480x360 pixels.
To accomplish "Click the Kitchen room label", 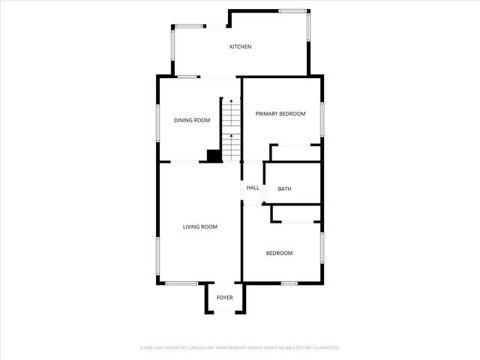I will click(240, 47).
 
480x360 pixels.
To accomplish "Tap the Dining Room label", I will click(192, 120).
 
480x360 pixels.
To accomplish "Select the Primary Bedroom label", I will click(280, 114).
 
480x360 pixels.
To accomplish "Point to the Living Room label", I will click(200, 226).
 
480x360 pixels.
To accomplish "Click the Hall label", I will click(253, 187).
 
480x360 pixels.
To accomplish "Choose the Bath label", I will click(284, 189).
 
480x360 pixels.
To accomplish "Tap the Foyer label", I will click(225, 298).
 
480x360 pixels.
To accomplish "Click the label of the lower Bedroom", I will click(279, 253).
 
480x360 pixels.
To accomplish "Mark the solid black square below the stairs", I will click(214, 156).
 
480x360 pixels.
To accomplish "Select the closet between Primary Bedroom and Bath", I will click(295, 153).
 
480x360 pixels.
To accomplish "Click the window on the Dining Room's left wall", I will click(157, 121).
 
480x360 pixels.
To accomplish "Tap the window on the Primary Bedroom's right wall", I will click(322, 118).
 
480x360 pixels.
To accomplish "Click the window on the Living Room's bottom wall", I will click(181, 283).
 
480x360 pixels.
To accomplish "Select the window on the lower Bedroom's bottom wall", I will click(289, 283).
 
